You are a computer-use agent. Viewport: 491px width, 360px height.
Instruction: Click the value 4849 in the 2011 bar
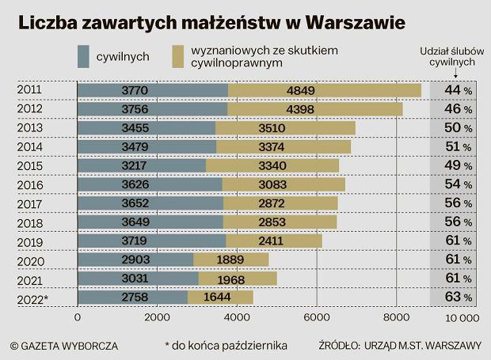[323, 90]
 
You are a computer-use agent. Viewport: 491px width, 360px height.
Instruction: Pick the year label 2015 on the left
[30, 165]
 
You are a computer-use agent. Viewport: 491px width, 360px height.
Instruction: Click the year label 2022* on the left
[32, 297]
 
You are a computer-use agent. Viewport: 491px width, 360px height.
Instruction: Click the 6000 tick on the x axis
[316, 317]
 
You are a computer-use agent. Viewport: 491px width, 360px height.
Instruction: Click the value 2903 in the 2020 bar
[135, 260]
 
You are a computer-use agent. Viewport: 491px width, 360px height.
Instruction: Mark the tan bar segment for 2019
[274, 241]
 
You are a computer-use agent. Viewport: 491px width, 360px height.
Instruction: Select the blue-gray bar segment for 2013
[147, 127]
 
